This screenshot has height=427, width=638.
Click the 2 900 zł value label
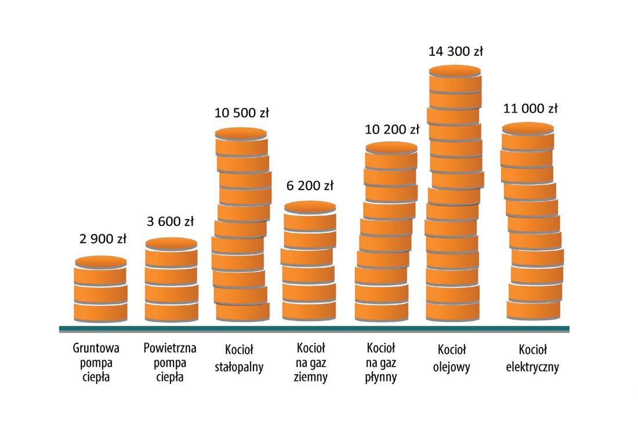coord(103,239)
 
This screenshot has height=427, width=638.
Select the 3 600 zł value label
coord(170,221)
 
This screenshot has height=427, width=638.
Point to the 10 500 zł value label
coord(242,113)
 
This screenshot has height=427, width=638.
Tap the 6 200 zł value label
coord(310,185)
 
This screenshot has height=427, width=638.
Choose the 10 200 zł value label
coord(392,130)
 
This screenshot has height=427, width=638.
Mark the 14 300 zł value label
coord(456,51)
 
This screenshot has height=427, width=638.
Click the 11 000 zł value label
coord(531,109)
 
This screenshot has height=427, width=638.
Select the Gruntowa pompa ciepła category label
coord(96,362)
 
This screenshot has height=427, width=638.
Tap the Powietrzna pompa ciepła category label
coord(170,362)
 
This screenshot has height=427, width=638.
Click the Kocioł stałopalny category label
coord(239,358)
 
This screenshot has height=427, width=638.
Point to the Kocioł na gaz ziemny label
coord(310,362)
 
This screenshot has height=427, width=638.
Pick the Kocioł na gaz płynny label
coord(381,362)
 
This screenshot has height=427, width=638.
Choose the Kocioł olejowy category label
coord(452,358)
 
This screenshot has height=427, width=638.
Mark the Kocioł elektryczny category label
coord(532,358)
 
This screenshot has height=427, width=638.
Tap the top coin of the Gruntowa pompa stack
coord(100,268)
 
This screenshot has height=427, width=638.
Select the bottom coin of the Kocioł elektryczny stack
coord(534,310)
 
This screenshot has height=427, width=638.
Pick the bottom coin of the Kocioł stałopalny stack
coord(242,312)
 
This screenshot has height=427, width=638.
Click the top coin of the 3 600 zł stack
coord(171,250)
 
